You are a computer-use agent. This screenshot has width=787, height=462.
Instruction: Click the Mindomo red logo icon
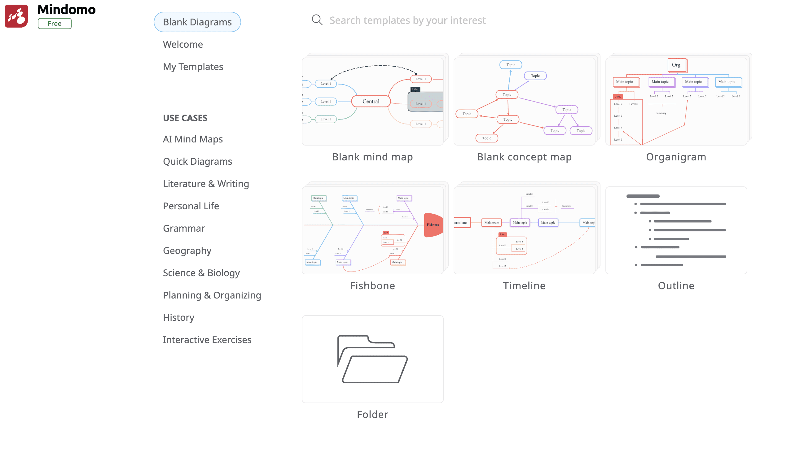click(x=16, y=16)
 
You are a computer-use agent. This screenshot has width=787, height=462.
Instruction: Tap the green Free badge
click(x=55, y=24)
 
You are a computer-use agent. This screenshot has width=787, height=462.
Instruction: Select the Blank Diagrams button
click(x=197, y=22)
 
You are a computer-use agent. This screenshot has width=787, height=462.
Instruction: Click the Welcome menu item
click(x=183, y=45)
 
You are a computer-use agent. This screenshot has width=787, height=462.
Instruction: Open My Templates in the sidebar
click(x=193, y=67)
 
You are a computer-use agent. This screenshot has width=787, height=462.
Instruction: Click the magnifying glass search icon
click(x=317, y=20)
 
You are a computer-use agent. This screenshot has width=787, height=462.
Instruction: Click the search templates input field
click(x=531, y=21)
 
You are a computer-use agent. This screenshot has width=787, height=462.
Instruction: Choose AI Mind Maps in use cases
click(x=193, y=139)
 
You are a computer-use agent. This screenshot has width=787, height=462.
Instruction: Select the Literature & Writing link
click(x=206, y=184)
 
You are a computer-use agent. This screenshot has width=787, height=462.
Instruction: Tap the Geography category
click(x=187, y=251)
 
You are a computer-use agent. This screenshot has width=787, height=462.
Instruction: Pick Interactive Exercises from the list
click(x=207, y=340)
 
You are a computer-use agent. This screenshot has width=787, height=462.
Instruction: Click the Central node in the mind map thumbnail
click(x=371, y=102)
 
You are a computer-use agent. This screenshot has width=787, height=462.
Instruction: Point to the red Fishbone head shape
click(x=433, y=225)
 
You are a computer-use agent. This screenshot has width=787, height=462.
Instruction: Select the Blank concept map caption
click(x=524, y=157)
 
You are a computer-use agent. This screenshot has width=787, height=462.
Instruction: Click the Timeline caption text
click(x=524, y=285)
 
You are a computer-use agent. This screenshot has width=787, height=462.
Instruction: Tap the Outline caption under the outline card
click(x=676, y=285)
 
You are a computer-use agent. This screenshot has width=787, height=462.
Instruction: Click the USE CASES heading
click(x=185, y=118)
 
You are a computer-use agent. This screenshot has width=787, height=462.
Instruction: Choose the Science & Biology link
click(x=201, y=273)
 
